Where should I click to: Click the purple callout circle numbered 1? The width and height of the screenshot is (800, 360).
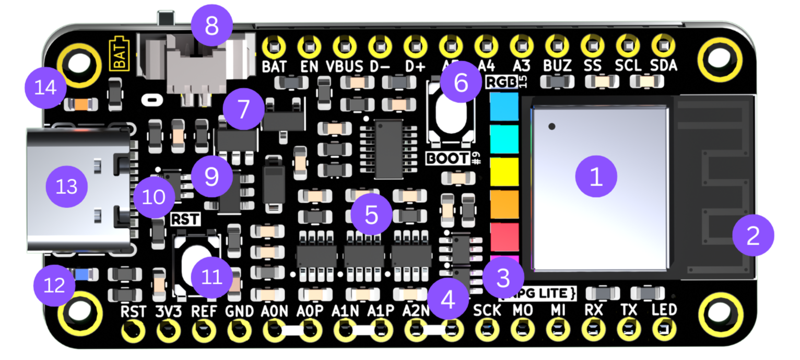(x=596, y=178)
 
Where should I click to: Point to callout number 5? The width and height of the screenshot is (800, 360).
(x=371, y=214)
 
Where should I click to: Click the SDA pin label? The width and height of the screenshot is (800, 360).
(x=664, y=66)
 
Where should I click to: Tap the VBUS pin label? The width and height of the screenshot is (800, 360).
(x=345, y=66)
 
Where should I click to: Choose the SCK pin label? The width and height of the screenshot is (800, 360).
(x=487, y=310)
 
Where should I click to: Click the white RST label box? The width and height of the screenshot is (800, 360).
(x=186, y=219)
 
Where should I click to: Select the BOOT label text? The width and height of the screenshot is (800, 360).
(x=448, y=158)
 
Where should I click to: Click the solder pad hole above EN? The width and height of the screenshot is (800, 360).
(x=309, y=48)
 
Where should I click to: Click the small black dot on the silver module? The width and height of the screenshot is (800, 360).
(x=552, y=126)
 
